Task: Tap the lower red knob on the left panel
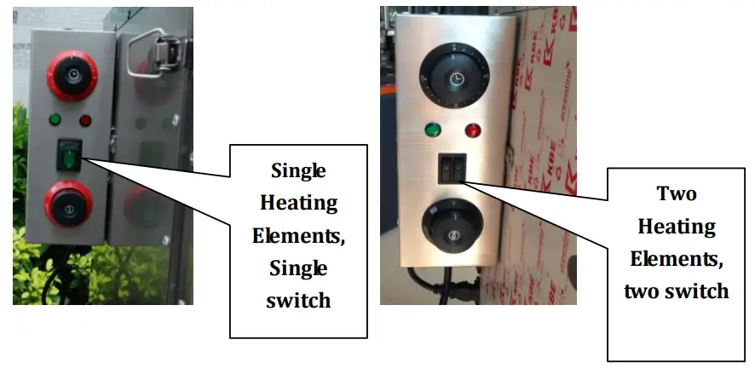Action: tap(70, 207)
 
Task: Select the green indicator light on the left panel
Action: tap(55, 120)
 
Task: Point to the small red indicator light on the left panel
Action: tap(85, 120)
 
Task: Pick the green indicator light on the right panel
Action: tap(433, 131)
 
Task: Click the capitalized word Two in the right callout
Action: tap(677, 193)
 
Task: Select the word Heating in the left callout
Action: tap(297, 203)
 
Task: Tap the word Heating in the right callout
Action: tap(677, 226)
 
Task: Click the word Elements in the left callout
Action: tap(298, 236)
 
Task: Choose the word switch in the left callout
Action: tap(298, 301)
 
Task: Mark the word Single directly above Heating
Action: tap(298, 170)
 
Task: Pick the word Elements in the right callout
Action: tap(677, 258)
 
